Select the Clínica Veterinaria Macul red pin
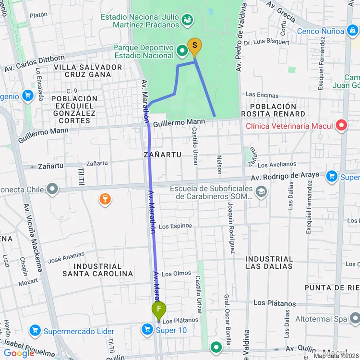pos(341,126)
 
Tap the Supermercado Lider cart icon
pos(35,331)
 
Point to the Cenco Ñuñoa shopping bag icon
pos(352,31)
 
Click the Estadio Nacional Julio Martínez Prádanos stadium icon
pos(188,19)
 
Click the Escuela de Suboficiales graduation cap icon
pos(261,192)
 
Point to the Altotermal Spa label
pos(321,319)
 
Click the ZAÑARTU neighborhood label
pos(162,155)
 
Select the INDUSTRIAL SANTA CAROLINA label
pos(97,270)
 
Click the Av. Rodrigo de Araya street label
pos(285,177)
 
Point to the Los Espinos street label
pos(175,226)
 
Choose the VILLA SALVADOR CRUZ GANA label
pos(88,71)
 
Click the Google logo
pos(19,353)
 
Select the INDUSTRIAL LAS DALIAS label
pos(269,263)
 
